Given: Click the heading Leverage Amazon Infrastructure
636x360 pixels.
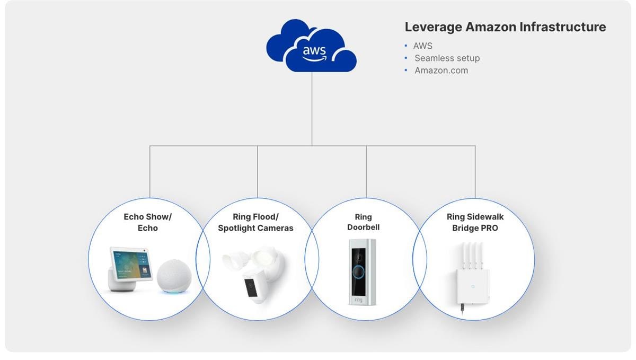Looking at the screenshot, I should tap(505, 27).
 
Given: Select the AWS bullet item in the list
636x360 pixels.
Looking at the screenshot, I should tap(422, 46).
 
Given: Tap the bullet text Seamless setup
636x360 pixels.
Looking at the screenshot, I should tap(447, 58).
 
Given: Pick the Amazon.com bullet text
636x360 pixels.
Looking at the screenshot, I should tap(441, 70).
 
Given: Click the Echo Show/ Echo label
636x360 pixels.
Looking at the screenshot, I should tap(148, 222).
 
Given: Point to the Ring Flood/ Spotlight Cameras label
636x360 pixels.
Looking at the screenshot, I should tap(255, 223).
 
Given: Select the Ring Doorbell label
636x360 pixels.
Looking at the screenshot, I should tap(363, 222).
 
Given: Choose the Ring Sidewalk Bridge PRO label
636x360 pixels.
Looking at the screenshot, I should tap(474, 222).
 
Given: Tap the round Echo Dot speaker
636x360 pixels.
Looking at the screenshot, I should tap(173, 276).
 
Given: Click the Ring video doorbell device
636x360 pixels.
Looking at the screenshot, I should tap(362, 271).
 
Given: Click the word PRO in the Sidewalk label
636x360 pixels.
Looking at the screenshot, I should tap(487, 228).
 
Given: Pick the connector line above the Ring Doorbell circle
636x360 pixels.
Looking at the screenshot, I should tap(366, 172).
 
